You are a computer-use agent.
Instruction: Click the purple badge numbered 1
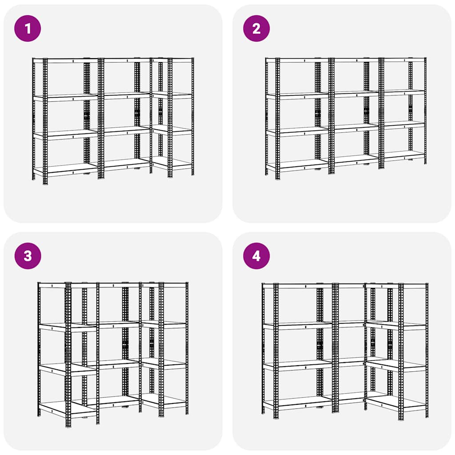(28, 28)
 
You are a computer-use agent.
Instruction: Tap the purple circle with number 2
(256, 28)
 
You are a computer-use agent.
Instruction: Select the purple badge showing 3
(28, 256)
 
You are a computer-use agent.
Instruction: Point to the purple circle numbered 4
(256, 256)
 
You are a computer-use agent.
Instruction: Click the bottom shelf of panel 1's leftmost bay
(67, 168)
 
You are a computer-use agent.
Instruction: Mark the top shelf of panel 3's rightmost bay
(164, 284)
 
